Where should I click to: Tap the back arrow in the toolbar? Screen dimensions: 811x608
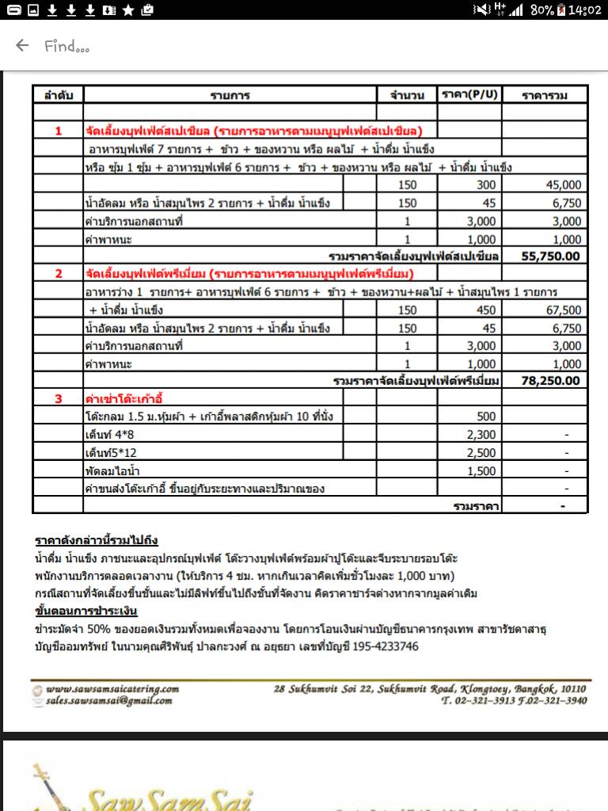(22, 45)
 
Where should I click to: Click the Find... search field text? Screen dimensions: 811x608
(67, 46)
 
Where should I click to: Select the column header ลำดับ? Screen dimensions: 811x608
(58, 95)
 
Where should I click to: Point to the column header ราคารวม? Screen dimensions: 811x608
(545, 95)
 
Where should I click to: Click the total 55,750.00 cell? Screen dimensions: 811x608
(551, 256)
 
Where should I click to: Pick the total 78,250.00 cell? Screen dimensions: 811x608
(551, 380)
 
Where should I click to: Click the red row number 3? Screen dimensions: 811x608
(58, 398)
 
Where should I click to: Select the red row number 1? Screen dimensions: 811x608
(58, 131)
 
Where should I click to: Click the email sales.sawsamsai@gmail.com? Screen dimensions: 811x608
(108, 701)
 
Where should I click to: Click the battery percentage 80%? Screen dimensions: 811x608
(541, 10)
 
